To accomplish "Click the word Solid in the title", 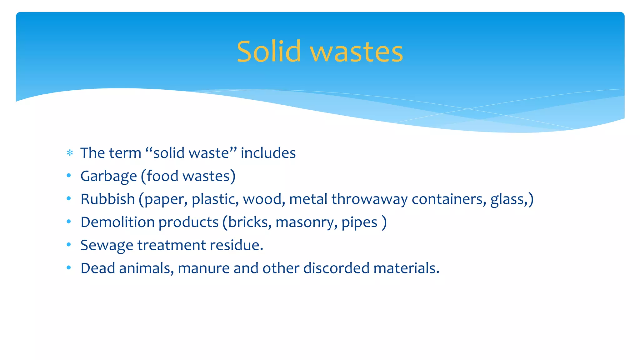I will pyautogui.click(x=268, y=52).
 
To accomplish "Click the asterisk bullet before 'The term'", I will pyautogui.click(x=70, y=153).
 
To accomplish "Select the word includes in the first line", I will pyautogui.click(x=268, y=153).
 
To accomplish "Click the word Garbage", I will pyautogui.click(x=108, y=176).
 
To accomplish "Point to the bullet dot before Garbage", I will pyautogui.click(x=69, y=176).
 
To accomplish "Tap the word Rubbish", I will pyautogui.click(x=107, y=199).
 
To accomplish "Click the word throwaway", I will pyautogui.click(x=369, y=199).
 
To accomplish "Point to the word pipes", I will pyautogui.click(x=359, y=222).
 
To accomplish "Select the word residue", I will pyautogui.click(x=236, y=245).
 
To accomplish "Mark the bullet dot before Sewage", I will pyautogui.click(x=69, y=245).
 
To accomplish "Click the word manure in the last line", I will pyautogui.click(x=203, y=268).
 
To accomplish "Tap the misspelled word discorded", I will pyautogui.click(x=336, y=268).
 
